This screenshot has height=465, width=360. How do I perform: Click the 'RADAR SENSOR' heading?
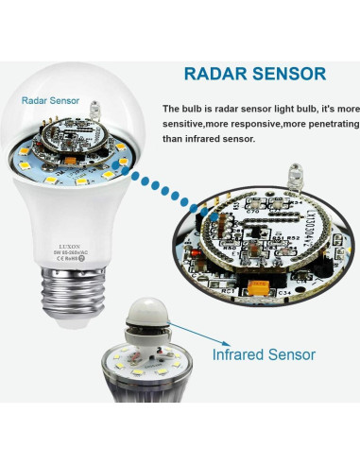click(254, 73)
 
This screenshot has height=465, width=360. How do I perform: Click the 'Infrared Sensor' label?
click(264, 355)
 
